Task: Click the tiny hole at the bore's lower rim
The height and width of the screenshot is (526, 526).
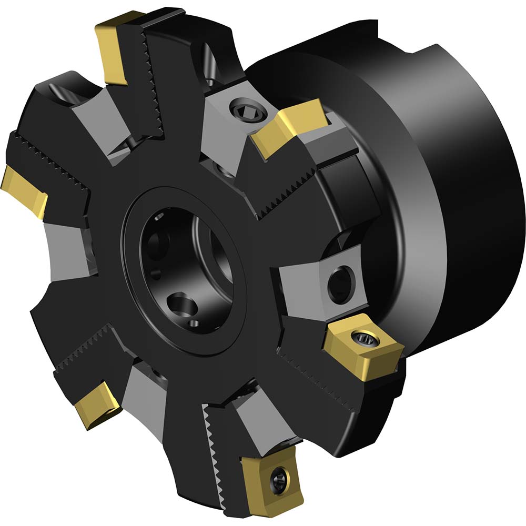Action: point(194,323)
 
